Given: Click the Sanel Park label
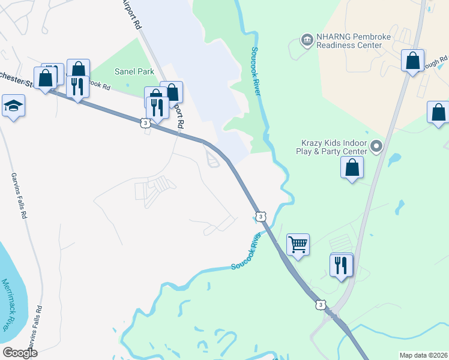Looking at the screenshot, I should click(135, 71).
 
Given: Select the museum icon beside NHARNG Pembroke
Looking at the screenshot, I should click(307, 40).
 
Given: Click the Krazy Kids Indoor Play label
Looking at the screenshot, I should click(334, 148).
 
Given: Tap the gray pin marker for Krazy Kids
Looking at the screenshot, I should click(376, 146).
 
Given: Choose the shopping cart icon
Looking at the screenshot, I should click(298, 244).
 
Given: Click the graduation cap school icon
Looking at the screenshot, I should click(13, 106).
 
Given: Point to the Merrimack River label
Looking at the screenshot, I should click(10, 304).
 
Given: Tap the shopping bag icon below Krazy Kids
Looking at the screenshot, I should click(352, 167).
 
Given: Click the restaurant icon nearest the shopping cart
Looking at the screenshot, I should click(341, 265).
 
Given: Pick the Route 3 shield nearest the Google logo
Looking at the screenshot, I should click(321, 305).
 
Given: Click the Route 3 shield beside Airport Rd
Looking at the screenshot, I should click(145, 122).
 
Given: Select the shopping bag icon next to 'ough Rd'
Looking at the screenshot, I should click(413, 61).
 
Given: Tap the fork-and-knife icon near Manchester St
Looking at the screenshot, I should click(77, 86).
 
